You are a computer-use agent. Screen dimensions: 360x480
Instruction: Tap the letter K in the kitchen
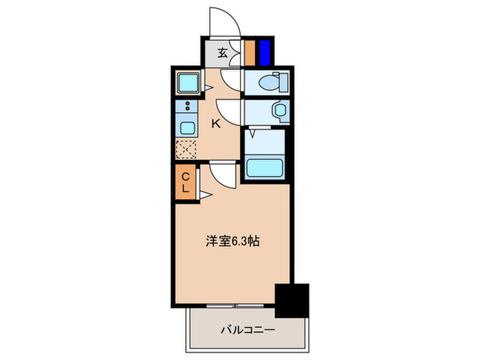(215, 123)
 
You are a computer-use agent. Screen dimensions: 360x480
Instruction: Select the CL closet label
(185, 183)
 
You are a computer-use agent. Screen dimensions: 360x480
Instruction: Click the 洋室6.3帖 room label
(232, 241)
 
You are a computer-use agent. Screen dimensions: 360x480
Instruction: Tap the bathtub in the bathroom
(264, 168)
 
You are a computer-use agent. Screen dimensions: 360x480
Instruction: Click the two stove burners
(186, 107)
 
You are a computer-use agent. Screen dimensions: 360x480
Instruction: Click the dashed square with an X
(187, 149)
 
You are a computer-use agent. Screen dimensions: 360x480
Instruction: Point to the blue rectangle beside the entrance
(264, 53)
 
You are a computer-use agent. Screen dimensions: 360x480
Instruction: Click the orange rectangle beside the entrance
(250, 53)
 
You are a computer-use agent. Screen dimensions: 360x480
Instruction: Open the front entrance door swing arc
(224, 21)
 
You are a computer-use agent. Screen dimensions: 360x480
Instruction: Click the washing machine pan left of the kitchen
(187, 84)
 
